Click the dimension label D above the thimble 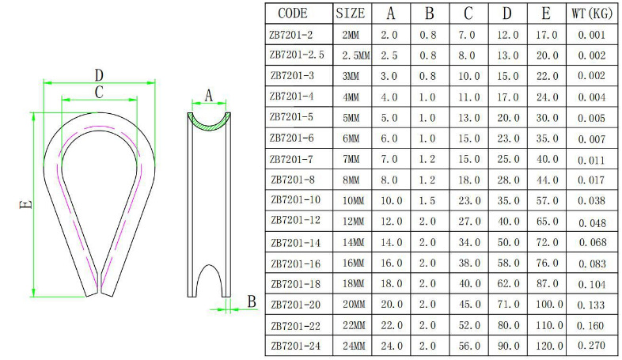(99, 75)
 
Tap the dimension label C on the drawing (99, 93)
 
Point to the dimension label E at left (26, 205)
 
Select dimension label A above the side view (209, 96)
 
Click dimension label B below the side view (252, 301)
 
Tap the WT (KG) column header (592, 14)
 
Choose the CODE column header (293, 13)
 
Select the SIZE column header (351, 13)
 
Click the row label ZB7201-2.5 (297, 55)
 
